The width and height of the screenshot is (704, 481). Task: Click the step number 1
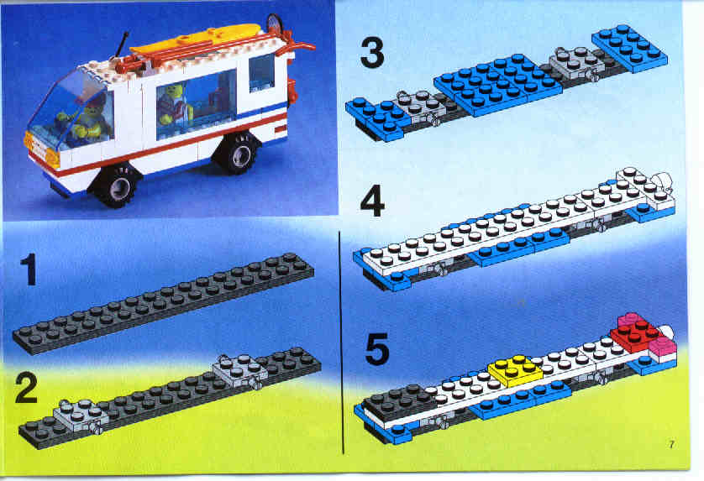click(29, 269)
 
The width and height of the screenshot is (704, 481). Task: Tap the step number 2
click(27, 388)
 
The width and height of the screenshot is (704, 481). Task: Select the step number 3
click(372, 53)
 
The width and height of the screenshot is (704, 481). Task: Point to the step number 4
click(372, 201)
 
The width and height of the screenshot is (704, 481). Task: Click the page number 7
click(671, 445)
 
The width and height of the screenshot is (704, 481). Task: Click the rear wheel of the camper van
click(236, 153)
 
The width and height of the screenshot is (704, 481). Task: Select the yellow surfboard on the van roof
click(197, 39)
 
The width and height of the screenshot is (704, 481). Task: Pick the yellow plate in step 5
click(516, 369)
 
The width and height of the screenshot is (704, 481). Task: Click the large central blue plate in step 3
click(497, 84)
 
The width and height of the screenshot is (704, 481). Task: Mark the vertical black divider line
click(342, 342)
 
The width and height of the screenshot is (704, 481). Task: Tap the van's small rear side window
click(261, 73)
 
